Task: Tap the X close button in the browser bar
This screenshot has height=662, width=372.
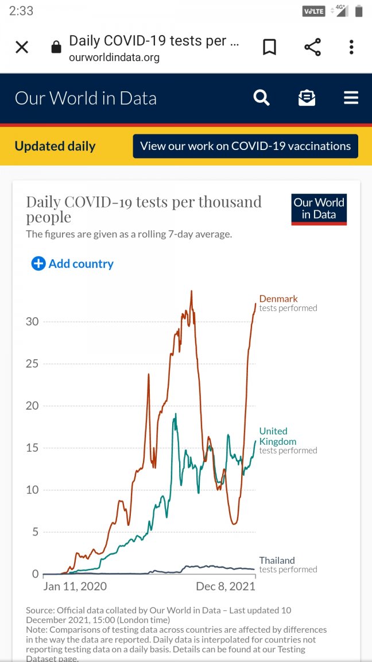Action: (22, 47)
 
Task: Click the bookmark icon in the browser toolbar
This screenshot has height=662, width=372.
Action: (269, 47)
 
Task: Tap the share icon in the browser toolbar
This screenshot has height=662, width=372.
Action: (312, 47)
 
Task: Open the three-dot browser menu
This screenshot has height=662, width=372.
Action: (351, 47)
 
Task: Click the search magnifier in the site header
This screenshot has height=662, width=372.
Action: (261, 98)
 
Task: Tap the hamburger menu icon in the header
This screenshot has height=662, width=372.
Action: (351, 98)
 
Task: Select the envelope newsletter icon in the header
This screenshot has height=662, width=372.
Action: (307, 98)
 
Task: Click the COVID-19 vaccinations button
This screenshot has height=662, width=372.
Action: (245, 146)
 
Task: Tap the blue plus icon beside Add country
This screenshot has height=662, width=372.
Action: (38, 264)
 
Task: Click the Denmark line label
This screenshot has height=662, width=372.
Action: (278, 299)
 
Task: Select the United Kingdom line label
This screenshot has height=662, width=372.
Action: (278, 436)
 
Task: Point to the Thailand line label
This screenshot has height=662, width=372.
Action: (277, 560)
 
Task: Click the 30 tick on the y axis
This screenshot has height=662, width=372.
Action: (32, 321)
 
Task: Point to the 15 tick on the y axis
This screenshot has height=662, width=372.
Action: (32, 448)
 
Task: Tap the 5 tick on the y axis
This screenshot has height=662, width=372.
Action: (35, 532)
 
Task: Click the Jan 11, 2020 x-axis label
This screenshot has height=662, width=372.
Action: (75, 587)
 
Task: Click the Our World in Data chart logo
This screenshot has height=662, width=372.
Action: (319, 209)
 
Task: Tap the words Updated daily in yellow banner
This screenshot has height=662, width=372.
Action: (55, 146)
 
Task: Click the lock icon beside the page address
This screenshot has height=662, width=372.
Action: (56, 47)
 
